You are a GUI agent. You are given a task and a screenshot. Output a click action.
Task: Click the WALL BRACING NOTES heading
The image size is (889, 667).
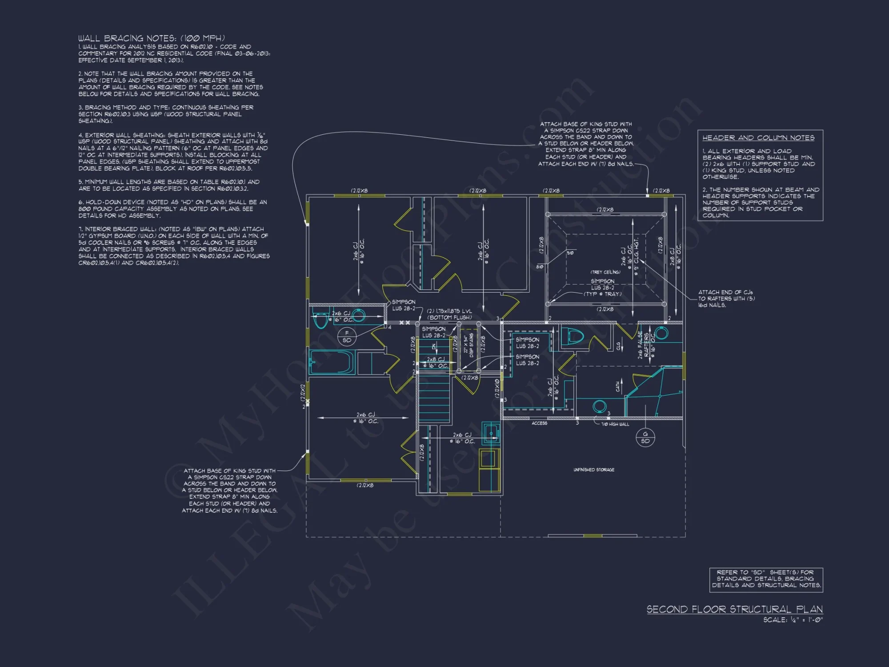pyautogui.click(x=151, y=38)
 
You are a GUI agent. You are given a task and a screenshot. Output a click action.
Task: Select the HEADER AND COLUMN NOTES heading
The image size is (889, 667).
pyautogui.click(x=758, y=138)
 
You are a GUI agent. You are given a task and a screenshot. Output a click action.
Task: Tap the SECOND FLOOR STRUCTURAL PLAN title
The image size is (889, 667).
pyautogui.click(x=734, y=609)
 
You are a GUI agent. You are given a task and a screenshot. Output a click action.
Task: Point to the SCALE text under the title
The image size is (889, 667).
pyautogui.click(x=793, y=620)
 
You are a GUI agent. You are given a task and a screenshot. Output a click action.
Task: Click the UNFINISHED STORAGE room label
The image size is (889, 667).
pyautogui.click(x=594, y=470)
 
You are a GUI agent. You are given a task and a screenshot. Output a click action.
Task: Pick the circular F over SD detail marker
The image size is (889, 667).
pyautogui.click(x=347, y=337)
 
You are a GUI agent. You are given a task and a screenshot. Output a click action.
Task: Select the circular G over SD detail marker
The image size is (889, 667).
pyautogui.click(x=645, y=438)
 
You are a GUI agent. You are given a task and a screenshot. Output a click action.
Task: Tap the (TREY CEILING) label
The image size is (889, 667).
pyautogui.click(x=605, y=272)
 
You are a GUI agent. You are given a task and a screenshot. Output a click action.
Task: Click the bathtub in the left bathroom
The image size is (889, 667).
pyautogui.click(x=332, y=362)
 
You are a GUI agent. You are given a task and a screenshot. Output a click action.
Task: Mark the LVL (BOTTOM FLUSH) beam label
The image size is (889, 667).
pyautogui.click(x=449, y=314)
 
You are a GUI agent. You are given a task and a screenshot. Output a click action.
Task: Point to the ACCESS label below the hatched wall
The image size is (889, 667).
pyautogui.click(x=539, y=423)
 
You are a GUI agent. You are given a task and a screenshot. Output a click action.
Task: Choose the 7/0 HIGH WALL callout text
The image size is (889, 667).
pyautogui.click(x=615, y=424)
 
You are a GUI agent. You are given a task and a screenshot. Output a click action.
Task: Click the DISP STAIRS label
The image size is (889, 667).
pyautogui.click(x=469, y=346)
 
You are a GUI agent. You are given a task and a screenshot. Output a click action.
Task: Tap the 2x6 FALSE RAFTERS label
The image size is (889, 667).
pyautogui.click(x=643, y=345)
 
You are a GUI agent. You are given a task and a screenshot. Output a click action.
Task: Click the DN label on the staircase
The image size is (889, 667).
pyautogui.click(x=434, y=347)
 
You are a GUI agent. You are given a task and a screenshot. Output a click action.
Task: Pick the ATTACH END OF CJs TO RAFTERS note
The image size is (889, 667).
pyautogui.click(x=726, y=299)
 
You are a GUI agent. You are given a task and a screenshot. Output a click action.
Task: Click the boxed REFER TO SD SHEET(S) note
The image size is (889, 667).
pyautogui.click(x=766, y=579)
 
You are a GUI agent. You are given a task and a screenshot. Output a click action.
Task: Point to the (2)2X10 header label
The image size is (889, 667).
pyautogui.click(x=497, y=388)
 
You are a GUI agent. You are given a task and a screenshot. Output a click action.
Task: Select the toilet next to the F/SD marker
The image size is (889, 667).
pyautogui.click(x=320, y=319)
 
